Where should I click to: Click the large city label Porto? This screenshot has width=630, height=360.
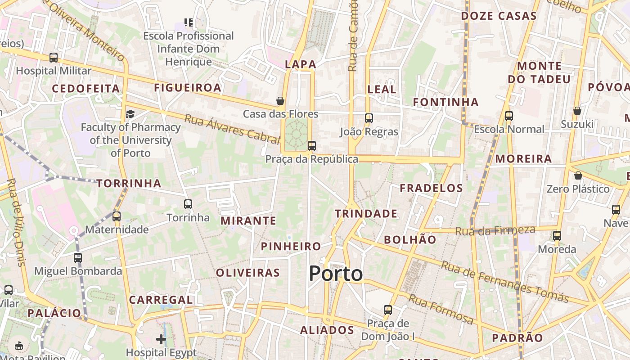[336, 274]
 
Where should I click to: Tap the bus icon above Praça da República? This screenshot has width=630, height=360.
[311, 146]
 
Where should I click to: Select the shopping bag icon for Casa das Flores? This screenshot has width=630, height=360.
[280, 101]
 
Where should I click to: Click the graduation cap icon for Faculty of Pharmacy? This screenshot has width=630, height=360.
[130, 114]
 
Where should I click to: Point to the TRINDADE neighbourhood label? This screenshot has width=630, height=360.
[366, 213]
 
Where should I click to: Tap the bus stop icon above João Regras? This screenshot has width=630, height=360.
[369, 118]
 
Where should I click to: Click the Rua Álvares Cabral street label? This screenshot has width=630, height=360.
[232, 129]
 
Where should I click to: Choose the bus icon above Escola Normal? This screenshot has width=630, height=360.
[509, 116]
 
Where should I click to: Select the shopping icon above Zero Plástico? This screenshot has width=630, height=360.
[578, 175]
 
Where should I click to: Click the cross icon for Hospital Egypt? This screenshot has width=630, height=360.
[161, 339]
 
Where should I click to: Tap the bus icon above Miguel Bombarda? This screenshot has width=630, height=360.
[78, 258]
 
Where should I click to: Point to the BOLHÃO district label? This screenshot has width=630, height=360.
[410, 239]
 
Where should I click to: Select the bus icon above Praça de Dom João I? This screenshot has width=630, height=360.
[388, 310]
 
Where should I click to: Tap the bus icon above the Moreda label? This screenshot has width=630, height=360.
[557, 235]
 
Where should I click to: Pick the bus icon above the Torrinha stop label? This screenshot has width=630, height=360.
[188, 204]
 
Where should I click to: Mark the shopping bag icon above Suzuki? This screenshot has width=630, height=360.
[577, 111]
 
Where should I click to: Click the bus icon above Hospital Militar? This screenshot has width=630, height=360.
[54, 58]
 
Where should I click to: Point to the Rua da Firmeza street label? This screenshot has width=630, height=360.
[495, 231]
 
